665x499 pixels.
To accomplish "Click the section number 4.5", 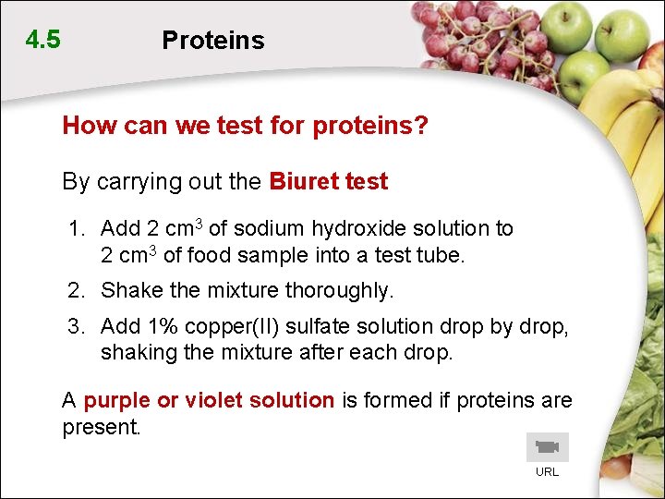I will coord(43,40).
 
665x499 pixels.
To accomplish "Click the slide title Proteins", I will coord(212,41).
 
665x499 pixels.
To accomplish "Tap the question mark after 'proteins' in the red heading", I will coord(422,126).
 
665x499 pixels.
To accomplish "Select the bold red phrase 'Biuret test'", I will coord(328,182).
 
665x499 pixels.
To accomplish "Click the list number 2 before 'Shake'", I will coord(75,291).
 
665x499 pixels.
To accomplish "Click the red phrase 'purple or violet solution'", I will coord(209,401).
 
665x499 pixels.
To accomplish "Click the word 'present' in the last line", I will coord(98,428).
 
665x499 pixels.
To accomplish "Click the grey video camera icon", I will coord(547,447).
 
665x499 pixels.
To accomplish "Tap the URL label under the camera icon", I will coord(547,472).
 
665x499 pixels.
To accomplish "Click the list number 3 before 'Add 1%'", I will coord(75,327).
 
